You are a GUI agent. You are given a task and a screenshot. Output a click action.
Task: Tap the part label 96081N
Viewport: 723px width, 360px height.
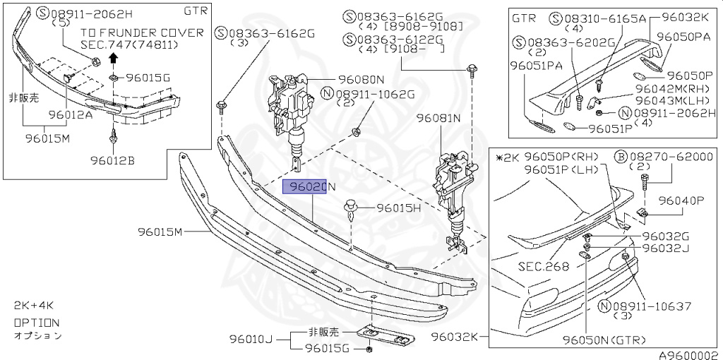click(438, 118)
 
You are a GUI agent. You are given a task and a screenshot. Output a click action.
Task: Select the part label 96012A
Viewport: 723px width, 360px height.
click(70, 114)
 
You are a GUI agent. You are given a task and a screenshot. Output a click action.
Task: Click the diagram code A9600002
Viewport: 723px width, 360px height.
click(688, 355)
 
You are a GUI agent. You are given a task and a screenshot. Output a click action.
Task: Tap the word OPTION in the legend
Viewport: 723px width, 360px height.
click(37, 322)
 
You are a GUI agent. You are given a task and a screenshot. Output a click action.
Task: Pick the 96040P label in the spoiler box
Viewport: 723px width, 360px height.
click(682, 200)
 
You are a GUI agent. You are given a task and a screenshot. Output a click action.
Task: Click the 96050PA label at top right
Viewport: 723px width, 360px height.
click(683, 35)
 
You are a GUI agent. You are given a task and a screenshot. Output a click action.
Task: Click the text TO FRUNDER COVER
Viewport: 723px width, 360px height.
click(142, 32)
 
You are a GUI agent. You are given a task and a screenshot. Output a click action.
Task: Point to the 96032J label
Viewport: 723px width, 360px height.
click(666, 248)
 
